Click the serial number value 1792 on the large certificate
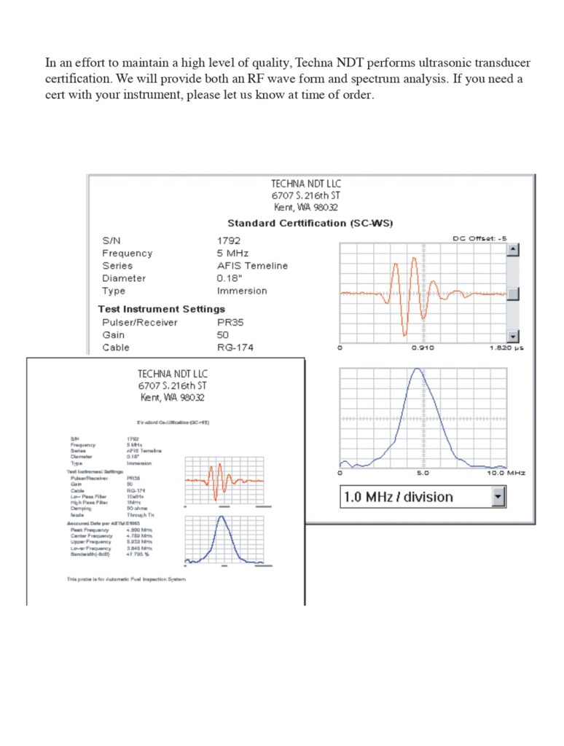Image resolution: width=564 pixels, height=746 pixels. tap(229, 240)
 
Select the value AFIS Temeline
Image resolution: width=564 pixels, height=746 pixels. tap(252, 265)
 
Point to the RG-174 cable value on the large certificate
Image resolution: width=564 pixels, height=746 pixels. tap(235, 348)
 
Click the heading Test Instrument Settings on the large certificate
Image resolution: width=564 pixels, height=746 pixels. tap(162, 309)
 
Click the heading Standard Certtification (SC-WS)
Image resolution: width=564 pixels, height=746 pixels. tap(310, 223)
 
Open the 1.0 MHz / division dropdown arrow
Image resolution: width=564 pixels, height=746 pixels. tap(498, 497)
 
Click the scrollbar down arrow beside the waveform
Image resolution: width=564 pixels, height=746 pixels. tap(512, 336)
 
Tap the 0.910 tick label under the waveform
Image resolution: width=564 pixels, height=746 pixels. tap(423, 348)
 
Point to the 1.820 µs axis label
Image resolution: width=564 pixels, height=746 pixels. tap(506, 348)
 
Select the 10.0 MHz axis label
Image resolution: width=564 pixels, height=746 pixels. tap(506, 473)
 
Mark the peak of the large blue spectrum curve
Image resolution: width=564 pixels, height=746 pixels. tap(416, 369)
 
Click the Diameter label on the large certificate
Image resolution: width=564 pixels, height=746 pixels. tap(124, 278)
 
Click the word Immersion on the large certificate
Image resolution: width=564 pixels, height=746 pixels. tap(242, 291)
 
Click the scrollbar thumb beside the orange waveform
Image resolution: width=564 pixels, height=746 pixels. tap(512, 294)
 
